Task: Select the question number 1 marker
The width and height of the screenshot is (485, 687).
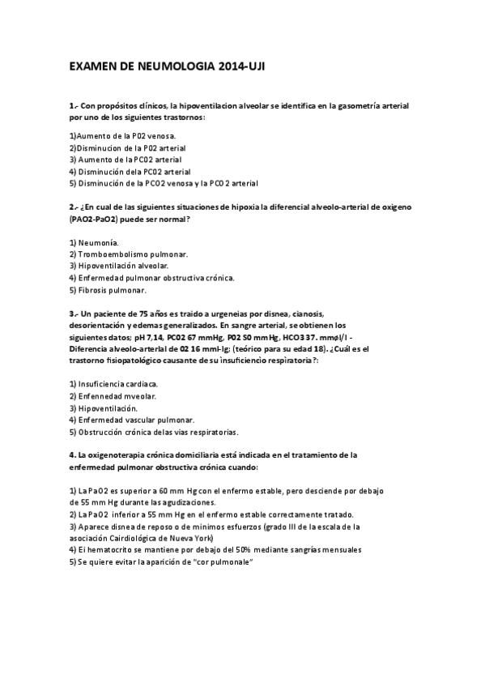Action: tap(74, 107)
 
